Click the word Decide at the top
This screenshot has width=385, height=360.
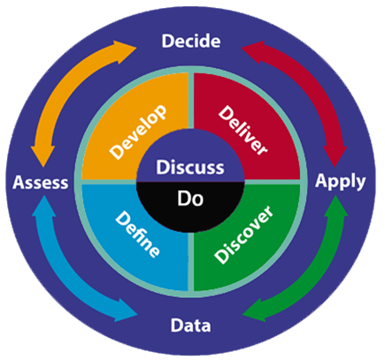click(191, 41)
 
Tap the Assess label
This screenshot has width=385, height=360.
click(41, 182)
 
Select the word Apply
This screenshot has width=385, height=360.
click(341, 181)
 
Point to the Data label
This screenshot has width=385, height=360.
click(190, 326)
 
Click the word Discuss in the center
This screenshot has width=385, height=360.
click(190, 167)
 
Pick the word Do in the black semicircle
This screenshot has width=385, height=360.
click(190, 198)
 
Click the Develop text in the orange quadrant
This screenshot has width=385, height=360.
click(138, 132)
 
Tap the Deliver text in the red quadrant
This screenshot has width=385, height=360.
click(243, 130)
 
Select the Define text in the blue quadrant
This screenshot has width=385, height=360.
click(137, 234)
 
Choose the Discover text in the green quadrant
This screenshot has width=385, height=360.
click(243, 234)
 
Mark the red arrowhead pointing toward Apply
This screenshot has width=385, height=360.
click(335, 155)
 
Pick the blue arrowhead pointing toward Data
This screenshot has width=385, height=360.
click(127, 310)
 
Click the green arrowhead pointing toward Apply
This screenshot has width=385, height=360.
click(335, 207)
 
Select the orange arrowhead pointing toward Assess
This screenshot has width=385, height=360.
click(42, 156)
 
